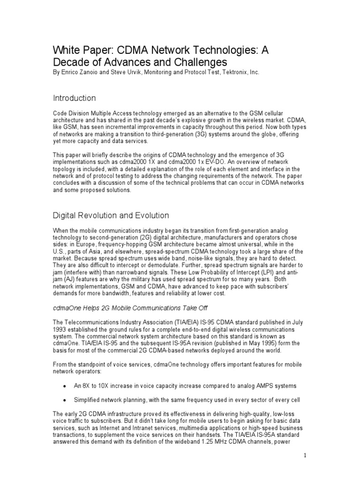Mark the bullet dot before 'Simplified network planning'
[64, 400]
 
